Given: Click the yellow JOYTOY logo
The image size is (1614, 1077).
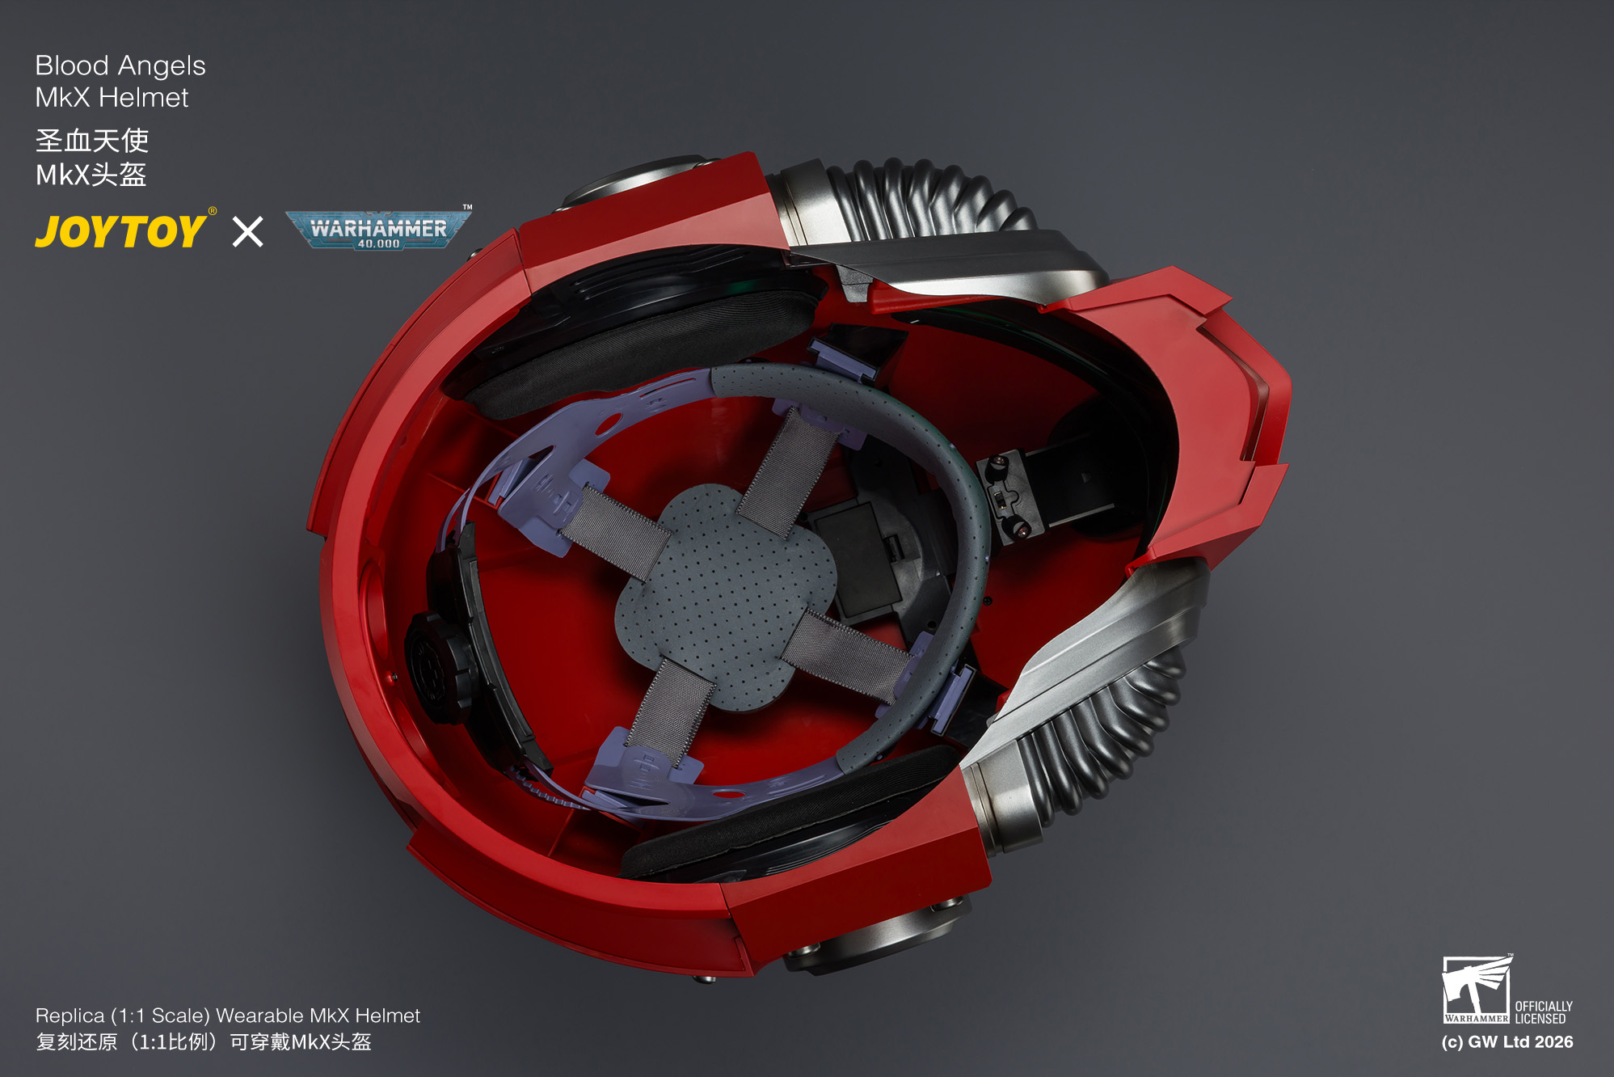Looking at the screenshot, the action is pos(121,231).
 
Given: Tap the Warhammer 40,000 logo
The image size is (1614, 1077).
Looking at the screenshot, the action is pos(378,230).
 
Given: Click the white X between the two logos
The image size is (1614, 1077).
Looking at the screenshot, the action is pos(247,231).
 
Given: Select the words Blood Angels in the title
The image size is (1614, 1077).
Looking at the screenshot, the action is pos(120,65).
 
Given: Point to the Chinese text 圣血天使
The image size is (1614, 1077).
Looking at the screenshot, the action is pos(92,140).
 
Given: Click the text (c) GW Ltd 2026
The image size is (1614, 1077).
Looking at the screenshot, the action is pos(1507,1042).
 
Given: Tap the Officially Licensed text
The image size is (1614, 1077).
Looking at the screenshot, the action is pos(1544,1012).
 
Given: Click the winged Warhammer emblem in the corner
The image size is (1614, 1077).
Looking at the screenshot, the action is pos(1477,989).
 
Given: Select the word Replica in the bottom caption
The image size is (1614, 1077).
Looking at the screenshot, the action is pos(70,1016).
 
